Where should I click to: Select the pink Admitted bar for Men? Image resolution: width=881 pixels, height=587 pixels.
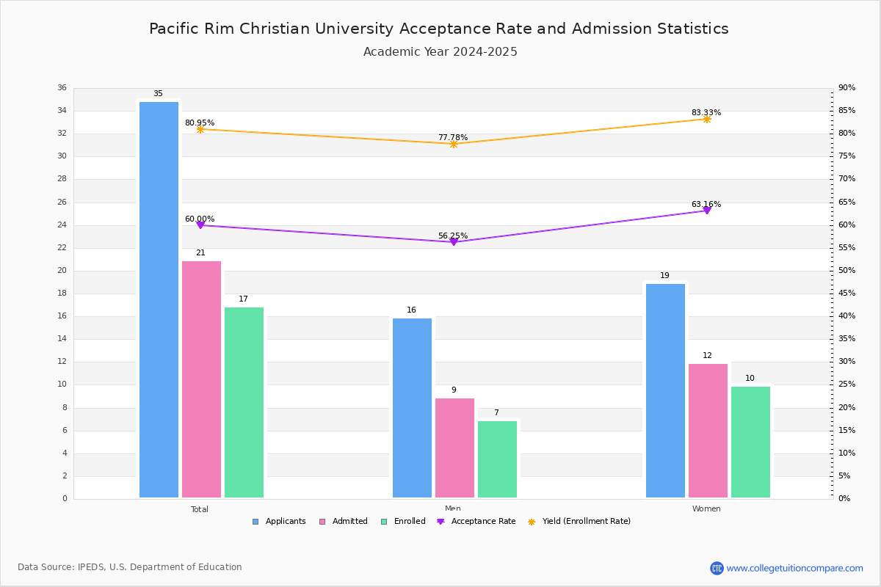pyautogui.click(x=454, y=448)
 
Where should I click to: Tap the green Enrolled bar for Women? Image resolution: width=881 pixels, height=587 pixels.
pyautogui.click(x=750, y=442)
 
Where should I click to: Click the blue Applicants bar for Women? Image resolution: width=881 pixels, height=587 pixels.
pyautogui.click(x=665, y=390)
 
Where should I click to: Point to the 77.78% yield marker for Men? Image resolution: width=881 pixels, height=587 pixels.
pyautogui.click(x=454, y=144)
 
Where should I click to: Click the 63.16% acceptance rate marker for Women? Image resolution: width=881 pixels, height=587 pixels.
pyautogui.click(x=707, y=211)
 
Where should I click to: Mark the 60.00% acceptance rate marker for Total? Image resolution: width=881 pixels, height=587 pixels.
pyautogui.click(x=200, y=225)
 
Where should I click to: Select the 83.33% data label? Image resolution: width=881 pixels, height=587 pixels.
pyautogui.click(x=706, y=113)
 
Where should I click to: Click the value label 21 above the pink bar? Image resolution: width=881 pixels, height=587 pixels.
pyautogui.click(x=200, y=253)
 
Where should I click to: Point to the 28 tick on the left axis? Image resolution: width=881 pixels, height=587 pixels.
pyautogui.click(x=62, y=179)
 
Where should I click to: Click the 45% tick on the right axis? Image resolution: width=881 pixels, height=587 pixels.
pyautogui.click(x=846, y=293)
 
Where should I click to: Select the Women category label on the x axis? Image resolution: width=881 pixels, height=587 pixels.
pyautogui.click(x=706, y=509)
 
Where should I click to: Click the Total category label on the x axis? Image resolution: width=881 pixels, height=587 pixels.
pyautogui.click(x=200, y=509)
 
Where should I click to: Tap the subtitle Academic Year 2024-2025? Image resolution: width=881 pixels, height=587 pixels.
pyautogui.click(x=440, y=52)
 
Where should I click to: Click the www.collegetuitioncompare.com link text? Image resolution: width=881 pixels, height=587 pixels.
pyautogui.click(x=794, y=568)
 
